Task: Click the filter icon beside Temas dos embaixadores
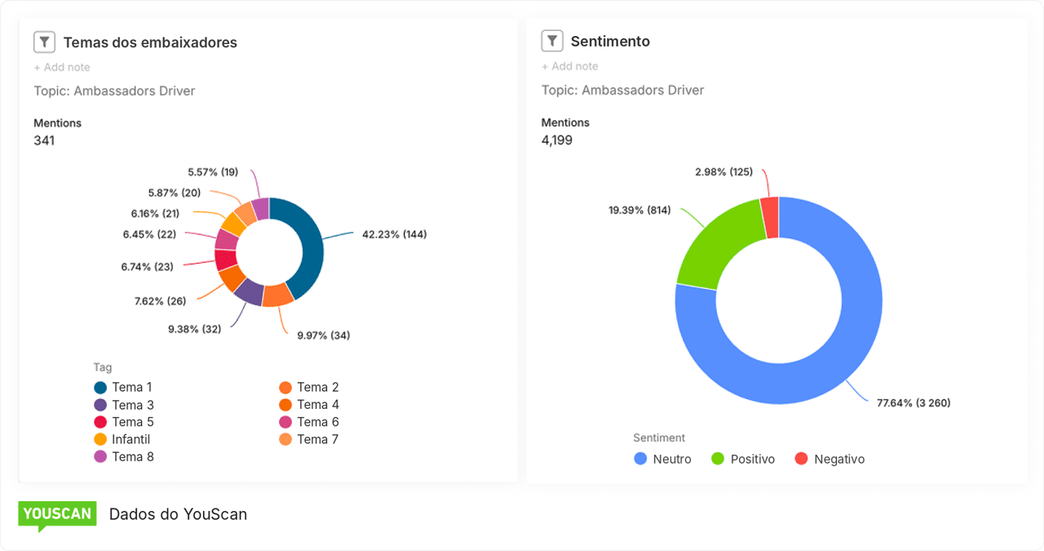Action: click(x=44, y=42)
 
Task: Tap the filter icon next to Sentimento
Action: click(x=552, y=41)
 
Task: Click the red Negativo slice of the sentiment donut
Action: click(x=770, y=217)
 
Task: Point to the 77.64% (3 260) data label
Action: click(x=913, y=402)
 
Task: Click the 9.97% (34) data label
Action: click(x=324, y=335)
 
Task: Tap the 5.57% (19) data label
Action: click(x=213, y=172)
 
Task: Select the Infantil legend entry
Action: click(x=122, y=439)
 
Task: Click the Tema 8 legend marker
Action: click(x=100, y=456)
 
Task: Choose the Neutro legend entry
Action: click(x=662, y=459)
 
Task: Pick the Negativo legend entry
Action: click(x=829, y=459)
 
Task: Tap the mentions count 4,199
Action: click(x=556, y=140)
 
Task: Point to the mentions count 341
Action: click(x=44, y=140)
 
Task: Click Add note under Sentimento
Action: click(x=569, y=66)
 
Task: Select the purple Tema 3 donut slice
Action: click(x=250, y=292)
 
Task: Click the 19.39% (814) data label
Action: click(x=639, y=210)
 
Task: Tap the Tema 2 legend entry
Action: click(x=309, y=387)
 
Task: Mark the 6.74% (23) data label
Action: click(x=148, y=267)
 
